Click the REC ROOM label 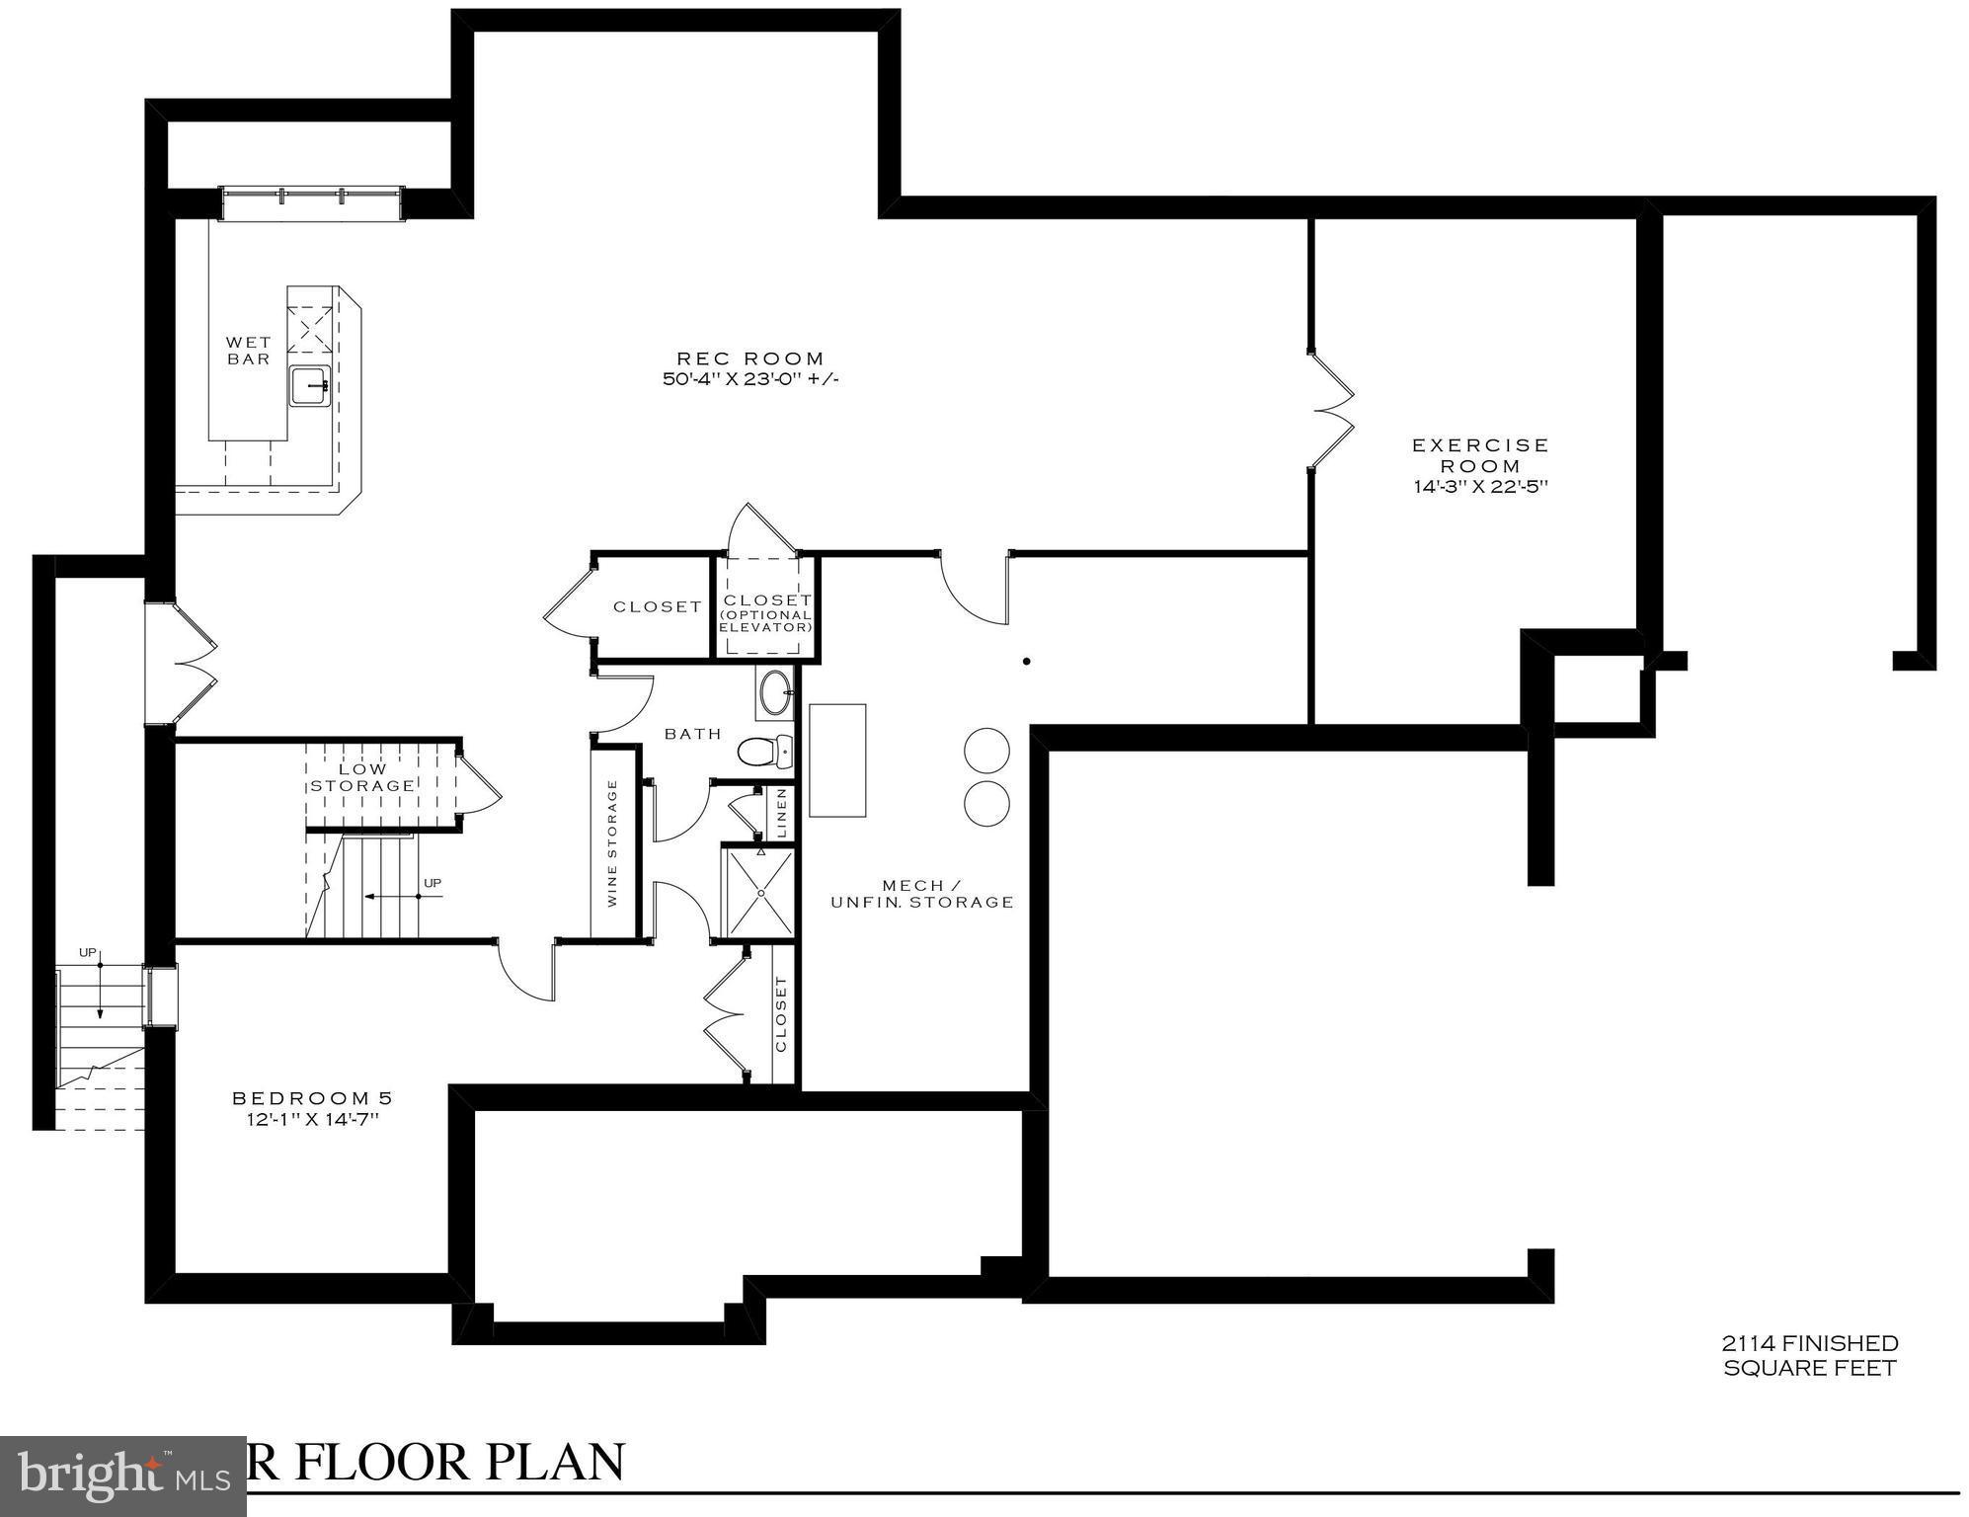click(x=749, y=359)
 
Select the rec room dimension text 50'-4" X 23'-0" click(x=749, y=379)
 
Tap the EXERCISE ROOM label click(x=1479, y=455)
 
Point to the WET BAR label click(x=248, y=351)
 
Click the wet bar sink click(x=310, y=385)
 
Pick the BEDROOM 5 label click(x=312, y=1098)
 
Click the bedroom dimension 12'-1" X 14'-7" click(x=312, y=1119)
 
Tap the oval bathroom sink click(x=775, y=692)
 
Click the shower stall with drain click(x=760, y=892)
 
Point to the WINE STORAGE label click(x=612, y=842)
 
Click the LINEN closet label click(x=782, y=812)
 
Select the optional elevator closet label click(x=767, y=612)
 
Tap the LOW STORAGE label click(x=362, y=777)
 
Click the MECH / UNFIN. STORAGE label click(x=921, y=894)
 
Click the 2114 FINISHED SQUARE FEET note click(x=1809, y=1355)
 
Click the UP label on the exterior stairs click(x=88, y=952)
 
